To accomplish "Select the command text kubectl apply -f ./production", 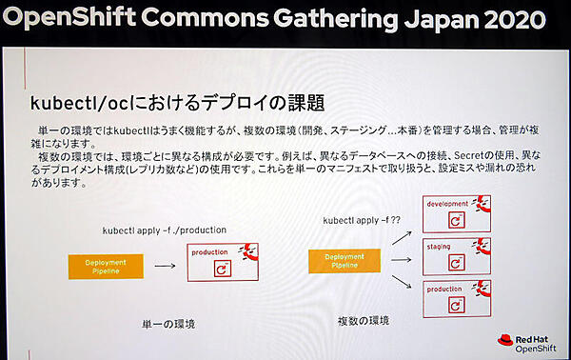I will (164, 230).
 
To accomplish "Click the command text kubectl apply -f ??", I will (359, 219).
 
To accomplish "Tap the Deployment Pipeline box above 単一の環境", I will (106, 266).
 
